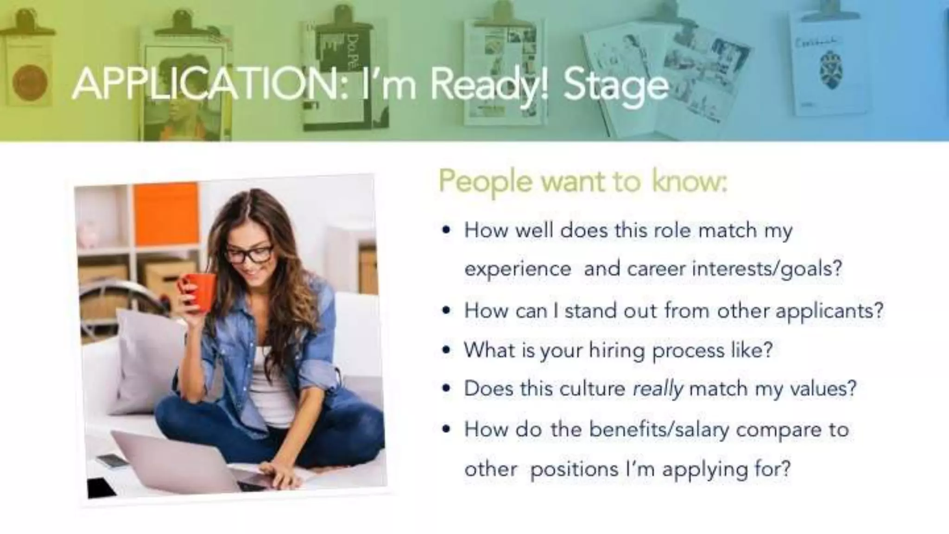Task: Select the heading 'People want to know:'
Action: pos(582,181)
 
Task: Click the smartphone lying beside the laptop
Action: pos(111,460)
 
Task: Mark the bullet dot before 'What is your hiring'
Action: pos(446,350)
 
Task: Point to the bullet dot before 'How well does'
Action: pos(446,230)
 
